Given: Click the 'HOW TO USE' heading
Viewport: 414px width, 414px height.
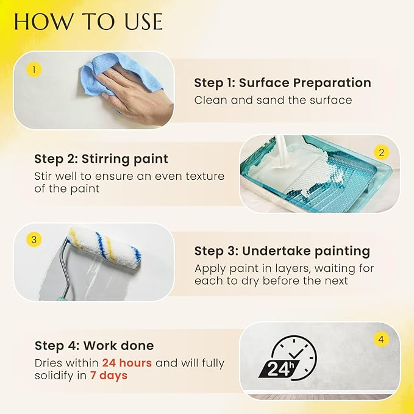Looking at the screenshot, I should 88,23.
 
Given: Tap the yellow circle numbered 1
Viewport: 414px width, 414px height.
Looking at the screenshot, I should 34,70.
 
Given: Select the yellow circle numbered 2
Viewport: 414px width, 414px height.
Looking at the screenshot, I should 382,152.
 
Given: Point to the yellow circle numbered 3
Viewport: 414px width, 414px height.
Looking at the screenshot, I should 34,240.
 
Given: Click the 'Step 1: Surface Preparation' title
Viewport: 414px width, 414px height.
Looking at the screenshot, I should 282,83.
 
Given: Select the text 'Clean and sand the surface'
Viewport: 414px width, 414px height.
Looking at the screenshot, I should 273,100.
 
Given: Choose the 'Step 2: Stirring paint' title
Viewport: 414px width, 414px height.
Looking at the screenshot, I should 101,159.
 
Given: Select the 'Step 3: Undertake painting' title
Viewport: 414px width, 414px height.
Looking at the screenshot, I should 282,251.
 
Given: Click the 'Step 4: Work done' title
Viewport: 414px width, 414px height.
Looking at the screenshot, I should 95,346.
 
